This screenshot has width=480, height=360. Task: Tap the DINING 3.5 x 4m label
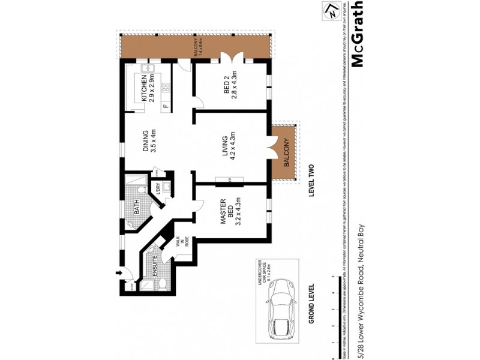pyautogui.click(x=149, y=142)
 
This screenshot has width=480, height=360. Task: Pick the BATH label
pyautogui.click(x=137, y=209)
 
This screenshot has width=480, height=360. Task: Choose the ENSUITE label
pyautogui.click(x=155, y=265)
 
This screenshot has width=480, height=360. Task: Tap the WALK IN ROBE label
pyautogui.click(x=183, y=241)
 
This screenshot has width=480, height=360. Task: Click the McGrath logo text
pyautogui.click(x=358, y=36)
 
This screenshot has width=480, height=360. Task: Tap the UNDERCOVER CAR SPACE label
pyautogui.click(x=260, y=277)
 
